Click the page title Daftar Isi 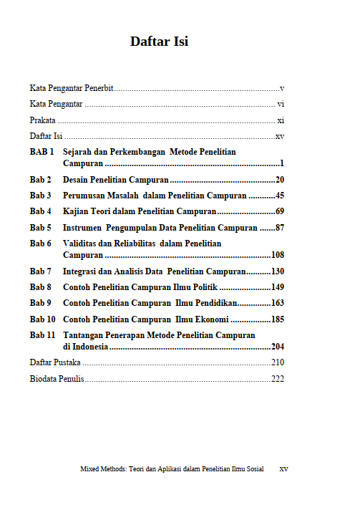(159, 41)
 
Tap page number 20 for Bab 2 (280, 180)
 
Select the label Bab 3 (40, 196)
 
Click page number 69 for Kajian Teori (280, 211)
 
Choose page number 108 (278, 254)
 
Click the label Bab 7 (40, 271)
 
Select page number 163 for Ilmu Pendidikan (278, 303)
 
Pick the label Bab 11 (42, 335)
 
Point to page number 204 (278, 346)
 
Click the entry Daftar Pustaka (55, 362)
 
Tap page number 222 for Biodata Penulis (278, 379)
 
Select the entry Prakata (42, 120)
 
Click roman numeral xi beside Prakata (281, 120)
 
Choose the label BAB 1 (42, 153)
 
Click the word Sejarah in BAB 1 (79, 153)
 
